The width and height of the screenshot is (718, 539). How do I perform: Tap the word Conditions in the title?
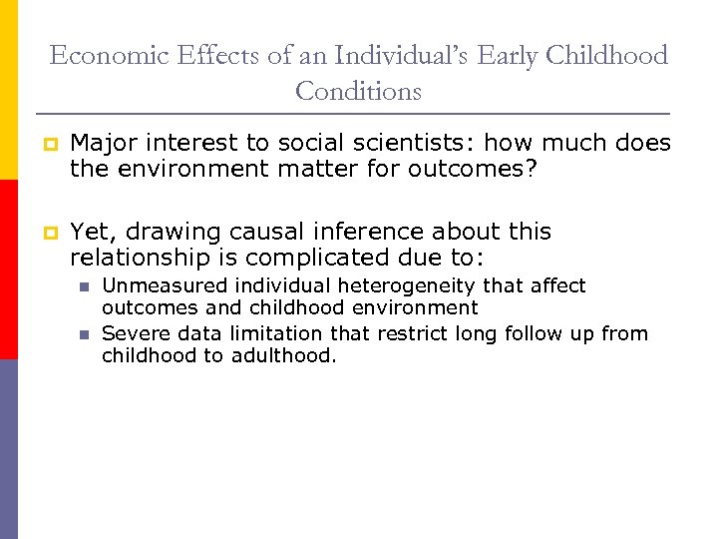coord(358,92)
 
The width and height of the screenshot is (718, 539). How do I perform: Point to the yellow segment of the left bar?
coord(9,90)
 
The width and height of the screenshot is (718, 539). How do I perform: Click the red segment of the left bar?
coord(9,269)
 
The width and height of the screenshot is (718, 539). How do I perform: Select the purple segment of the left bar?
coord(9,449)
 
